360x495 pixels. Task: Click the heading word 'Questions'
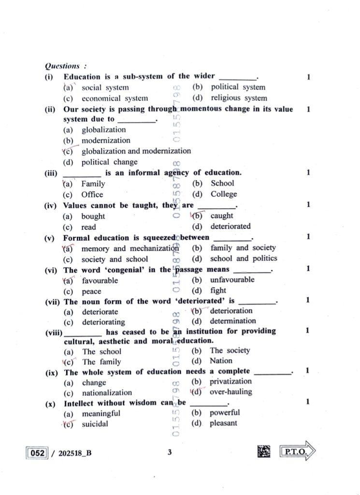coord(61,66)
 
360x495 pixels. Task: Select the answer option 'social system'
coord(105,87)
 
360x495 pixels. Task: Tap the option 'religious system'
coord(238,98)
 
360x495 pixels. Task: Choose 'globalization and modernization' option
coord(136,151)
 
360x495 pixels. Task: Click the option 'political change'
coord(109,162)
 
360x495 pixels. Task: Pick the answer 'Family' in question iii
coord(93,184)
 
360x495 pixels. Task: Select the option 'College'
coord(224,194)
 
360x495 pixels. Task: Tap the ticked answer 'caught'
coord(221,216)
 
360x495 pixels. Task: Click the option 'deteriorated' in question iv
coord(230,226)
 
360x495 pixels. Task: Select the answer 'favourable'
coord(100,280)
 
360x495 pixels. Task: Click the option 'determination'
coord(233,321)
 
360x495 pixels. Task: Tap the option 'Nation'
coord(221,361)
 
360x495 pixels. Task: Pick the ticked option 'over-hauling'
coord(230,392)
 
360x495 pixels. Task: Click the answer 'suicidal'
coord(95,424)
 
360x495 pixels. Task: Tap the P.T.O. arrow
coord(298,453)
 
